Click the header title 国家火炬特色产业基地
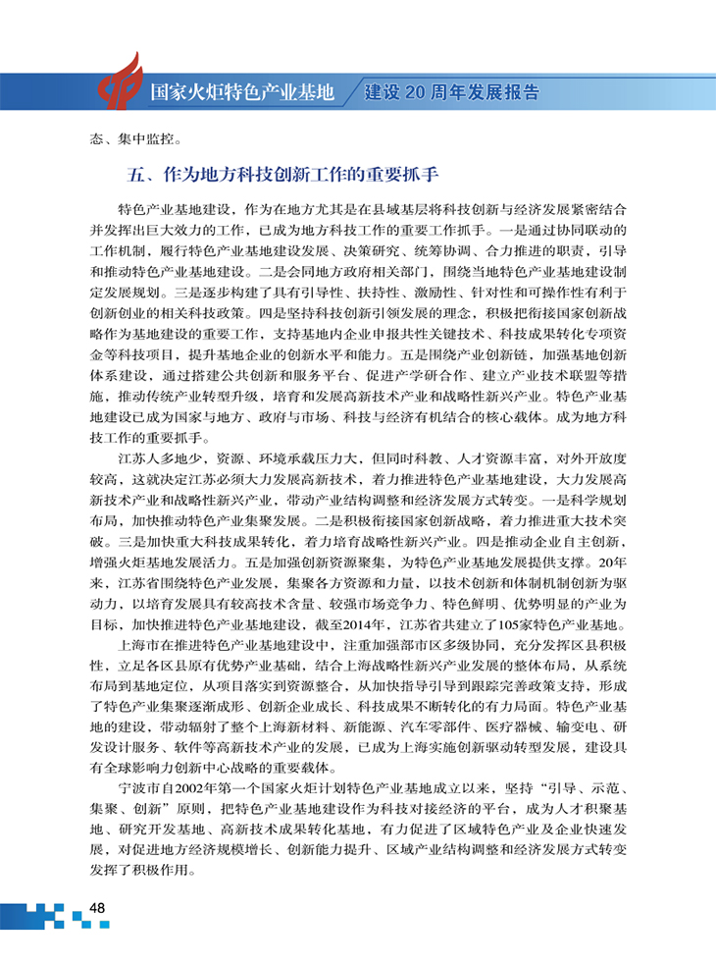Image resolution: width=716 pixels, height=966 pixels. (242, 93)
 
